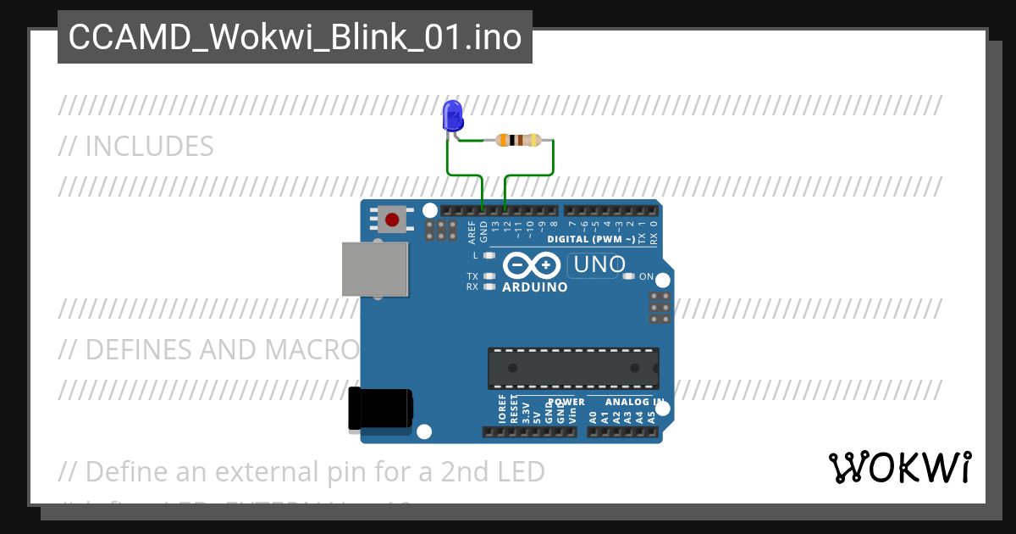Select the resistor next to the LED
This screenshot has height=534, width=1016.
click(x=518, y=140)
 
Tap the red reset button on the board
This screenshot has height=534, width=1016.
click(x=391, y=220)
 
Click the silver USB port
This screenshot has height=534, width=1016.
click(x=374, y=269)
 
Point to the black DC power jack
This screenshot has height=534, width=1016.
click(x=380, y=409)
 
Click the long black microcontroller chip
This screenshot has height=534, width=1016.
click(x=572, y=367)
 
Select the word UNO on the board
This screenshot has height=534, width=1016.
click(x=599, y=265)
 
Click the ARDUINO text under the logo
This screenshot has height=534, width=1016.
click(x=534, y=287)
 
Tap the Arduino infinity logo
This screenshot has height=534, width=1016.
click(x=531, y=266)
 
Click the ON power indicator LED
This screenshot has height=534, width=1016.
click(x=628, y=276)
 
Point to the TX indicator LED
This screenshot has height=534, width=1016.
click(x=489, y=276)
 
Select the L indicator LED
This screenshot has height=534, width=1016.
click(x=489, y=254)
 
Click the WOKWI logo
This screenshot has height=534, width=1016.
click(x=899, y=468)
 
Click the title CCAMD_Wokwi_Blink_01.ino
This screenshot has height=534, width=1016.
click(x=295, y=37)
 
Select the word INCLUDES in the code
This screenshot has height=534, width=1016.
click(x=149, y=147)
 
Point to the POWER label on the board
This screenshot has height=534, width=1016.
click(x=566, y=402)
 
